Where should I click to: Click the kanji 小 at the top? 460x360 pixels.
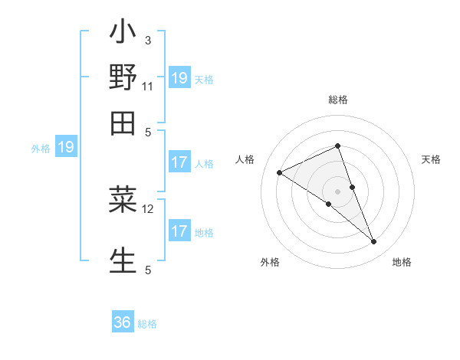click(x=123, y=34)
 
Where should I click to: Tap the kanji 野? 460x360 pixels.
click(x=123, y=77)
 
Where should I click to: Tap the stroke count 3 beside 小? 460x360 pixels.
click(x=148, y=41)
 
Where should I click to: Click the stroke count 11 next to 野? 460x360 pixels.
click(x=148, y=86)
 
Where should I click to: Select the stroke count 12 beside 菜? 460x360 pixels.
click(x=148, y=208)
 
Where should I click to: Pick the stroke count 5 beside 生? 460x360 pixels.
click(x=148, y=269)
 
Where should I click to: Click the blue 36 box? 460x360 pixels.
click(x=123, y=322)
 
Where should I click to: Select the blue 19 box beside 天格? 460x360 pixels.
click(x=179, y=77)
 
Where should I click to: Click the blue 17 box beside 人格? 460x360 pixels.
click(x=179, y=162)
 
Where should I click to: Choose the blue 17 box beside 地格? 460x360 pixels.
click(x=179, y=231)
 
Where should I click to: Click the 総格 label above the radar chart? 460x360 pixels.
click(x=338, y=100)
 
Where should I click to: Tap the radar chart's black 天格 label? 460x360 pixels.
click(x=431, y=159)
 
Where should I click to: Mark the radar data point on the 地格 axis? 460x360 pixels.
click(x=374, y=242)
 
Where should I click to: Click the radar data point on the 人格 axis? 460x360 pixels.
click(x=280, y=172)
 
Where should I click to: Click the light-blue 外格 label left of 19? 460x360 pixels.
click(x=41, y=149)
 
